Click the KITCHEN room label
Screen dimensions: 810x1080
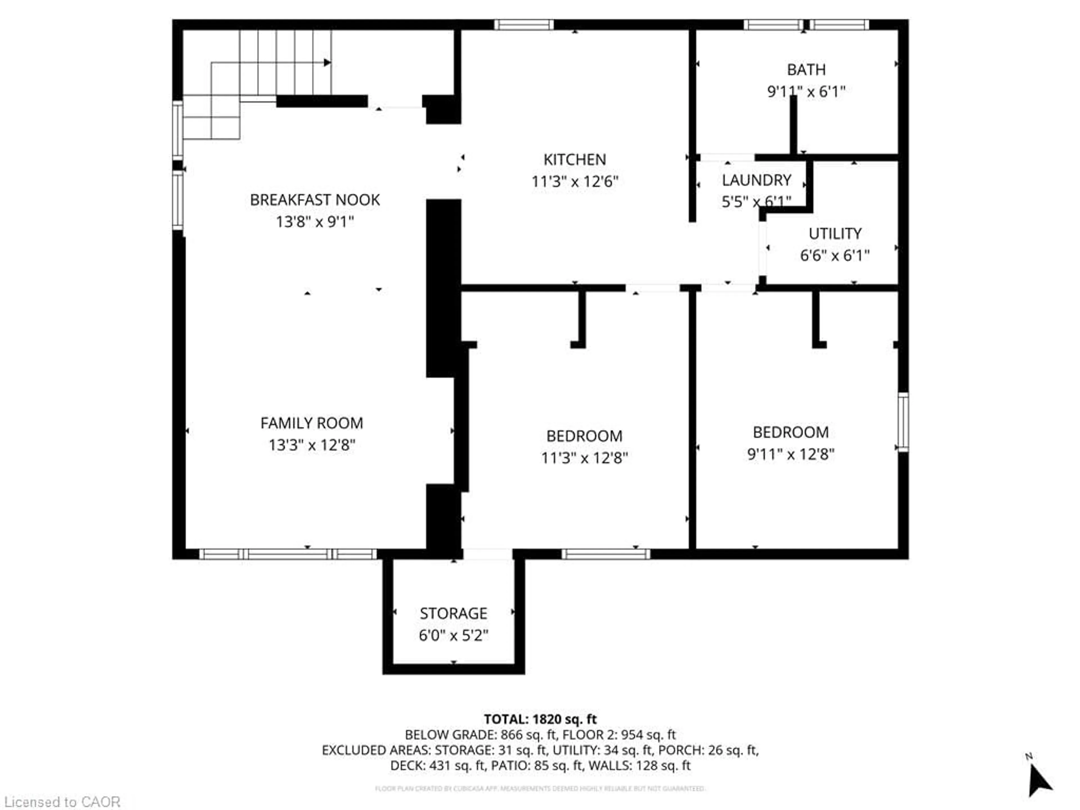pyautogui.click(x=575, y=160)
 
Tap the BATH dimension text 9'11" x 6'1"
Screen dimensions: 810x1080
pyautogui.click(x=806, y=91)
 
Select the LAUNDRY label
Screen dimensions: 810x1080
pyautogui.click(x=756, y=180)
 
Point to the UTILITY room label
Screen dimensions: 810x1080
pyautogui.click(x=835, y=233)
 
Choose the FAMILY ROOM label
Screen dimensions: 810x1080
pyautogui.click(x=312, y=423)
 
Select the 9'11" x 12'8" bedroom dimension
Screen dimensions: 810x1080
pyautogui.click(x=791, y=454)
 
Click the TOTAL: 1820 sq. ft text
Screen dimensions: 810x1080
pyautogui.click(x=540, y=719)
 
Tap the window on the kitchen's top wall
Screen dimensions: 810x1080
pyautogui.click(x=524, y=24)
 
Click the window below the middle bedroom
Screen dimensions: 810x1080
pyautogui.click(x=606, y=554)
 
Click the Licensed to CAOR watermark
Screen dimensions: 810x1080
pyautogui.click(x=62, y=802)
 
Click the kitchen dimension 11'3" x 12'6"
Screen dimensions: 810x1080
pyautogui.click(x=575, y=182)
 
